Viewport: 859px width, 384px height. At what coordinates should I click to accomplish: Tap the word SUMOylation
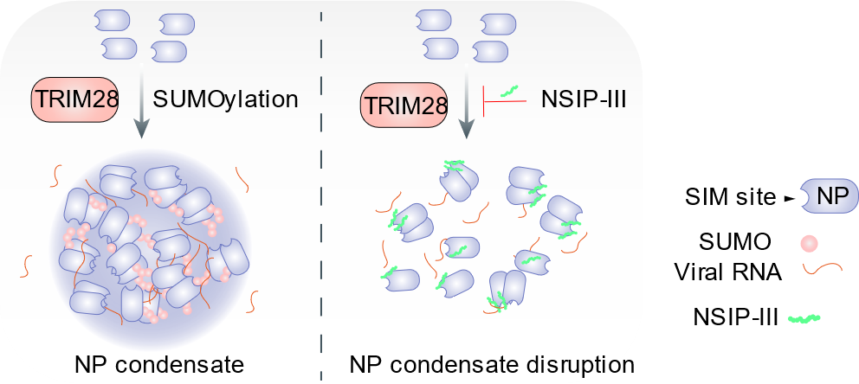tap(225, 99)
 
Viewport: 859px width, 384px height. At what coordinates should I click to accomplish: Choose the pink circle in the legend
tap(808, 244)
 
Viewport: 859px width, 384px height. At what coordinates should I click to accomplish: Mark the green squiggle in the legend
tap(804, 319)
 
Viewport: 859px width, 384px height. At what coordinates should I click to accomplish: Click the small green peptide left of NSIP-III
tap(511, 90)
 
